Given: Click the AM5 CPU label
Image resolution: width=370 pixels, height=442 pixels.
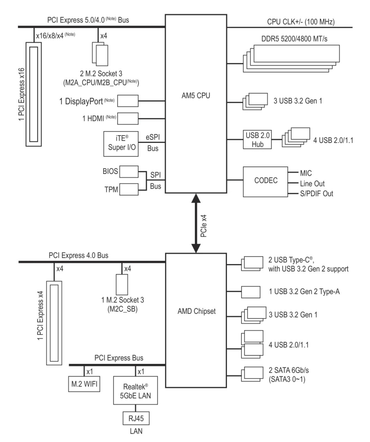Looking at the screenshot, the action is (x=196, y=95).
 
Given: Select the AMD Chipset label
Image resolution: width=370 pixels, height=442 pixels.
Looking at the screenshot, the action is (x=196, y=311).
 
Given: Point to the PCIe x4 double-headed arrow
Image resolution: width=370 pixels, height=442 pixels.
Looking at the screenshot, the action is (x=196, y=223).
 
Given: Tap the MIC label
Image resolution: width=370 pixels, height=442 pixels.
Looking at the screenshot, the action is (x=306, y=173).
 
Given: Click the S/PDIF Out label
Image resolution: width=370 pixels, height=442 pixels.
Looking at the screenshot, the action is (x=317, y=193).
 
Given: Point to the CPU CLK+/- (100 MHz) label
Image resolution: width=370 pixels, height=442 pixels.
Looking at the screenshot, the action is (x=301, y=22).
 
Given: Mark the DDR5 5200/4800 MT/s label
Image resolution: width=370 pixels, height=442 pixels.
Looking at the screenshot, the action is (x=294, y=39).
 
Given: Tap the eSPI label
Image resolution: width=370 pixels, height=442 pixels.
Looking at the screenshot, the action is (x=153, y=137).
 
